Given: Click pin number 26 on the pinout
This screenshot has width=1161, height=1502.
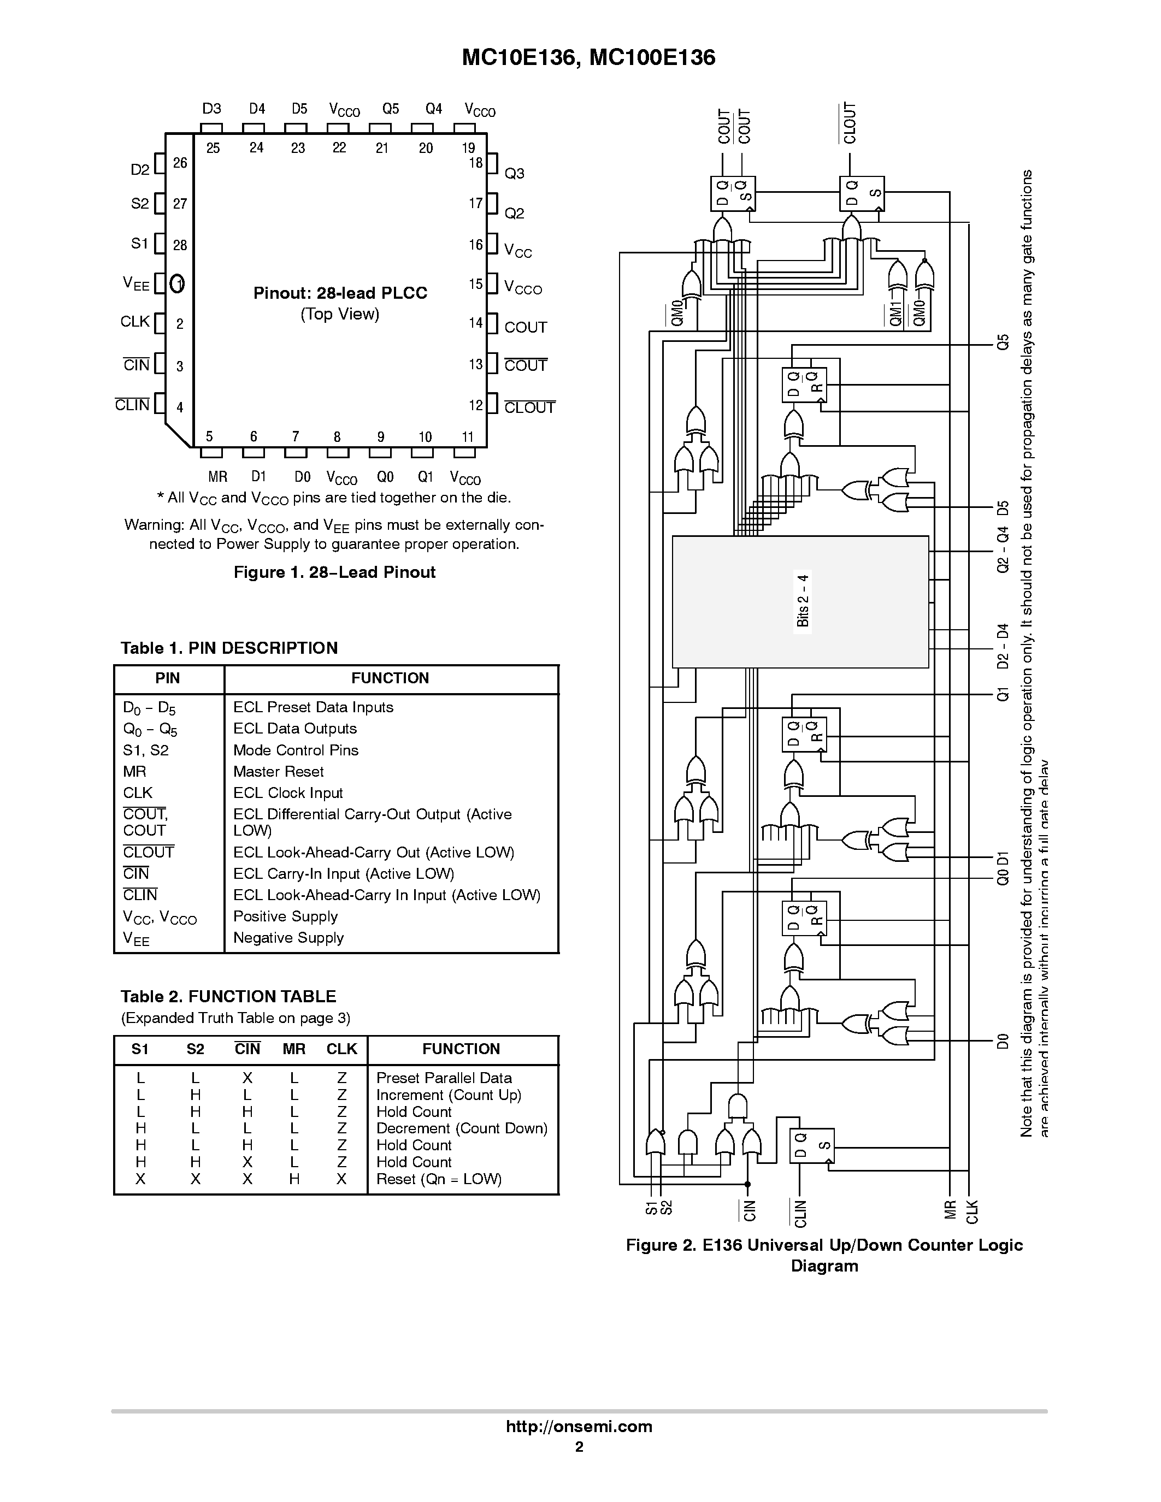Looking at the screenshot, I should pos(180,163).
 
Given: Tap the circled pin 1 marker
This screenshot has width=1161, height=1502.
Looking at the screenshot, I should pos(178,283).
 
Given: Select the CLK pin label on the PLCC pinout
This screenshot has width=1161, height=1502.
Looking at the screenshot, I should pos(135,322).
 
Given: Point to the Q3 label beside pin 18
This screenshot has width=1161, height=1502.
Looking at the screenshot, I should pos(515,173).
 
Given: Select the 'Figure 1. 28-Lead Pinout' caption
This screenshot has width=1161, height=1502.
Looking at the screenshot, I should pos(334,572).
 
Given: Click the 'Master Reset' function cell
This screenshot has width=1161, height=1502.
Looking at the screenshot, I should pos(278,772).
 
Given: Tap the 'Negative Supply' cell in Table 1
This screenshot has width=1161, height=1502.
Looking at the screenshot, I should pos(288,938).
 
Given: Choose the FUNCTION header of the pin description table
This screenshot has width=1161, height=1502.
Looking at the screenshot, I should pos(390,678).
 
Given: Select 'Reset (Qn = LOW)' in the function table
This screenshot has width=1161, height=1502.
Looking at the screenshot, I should pos(439,1179).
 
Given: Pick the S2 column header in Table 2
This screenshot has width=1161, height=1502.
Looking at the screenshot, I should pos(196,1049).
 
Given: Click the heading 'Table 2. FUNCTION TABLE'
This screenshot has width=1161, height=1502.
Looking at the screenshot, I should pos(228,997).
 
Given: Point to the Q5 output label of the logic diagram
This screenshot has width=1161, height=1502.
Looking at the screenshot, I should pos(1004,342).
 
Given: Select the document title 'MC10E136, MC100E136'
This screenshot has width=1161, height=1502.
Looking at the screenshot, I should pos(589,58).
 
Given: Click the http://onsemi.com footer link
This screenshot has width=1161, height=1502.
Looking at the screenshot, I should pos(579,1426).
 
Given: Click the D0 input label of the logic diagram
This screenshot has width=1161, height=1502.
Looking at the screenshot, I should pos(1004,1041).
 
